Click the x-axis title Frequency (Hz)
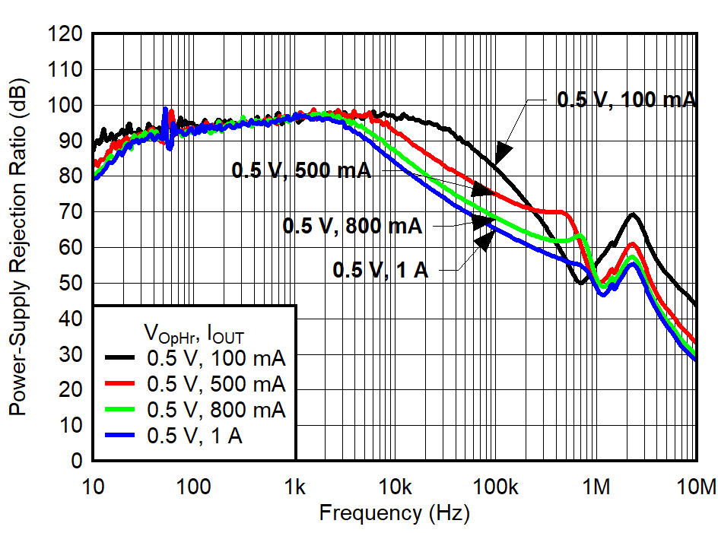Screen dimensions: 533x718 pyautogui.click(x=394, y=512)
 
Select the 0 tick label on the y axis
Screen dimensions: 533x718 pyautogui.click(x=77, y=461)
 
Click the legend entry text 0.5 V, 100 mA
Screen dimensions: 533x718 pyautogui.click(x=216, y=356)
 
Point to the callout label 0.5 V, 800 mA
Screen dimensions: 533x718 pyautogui.click(x=352, y=225)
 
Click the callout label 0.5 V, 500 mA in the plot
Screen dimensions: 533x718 pyautogui.click(x=301, y=170)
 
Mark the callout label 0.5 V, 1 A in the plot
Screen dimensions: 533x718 pyautogui.click(x=380, y=270)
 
